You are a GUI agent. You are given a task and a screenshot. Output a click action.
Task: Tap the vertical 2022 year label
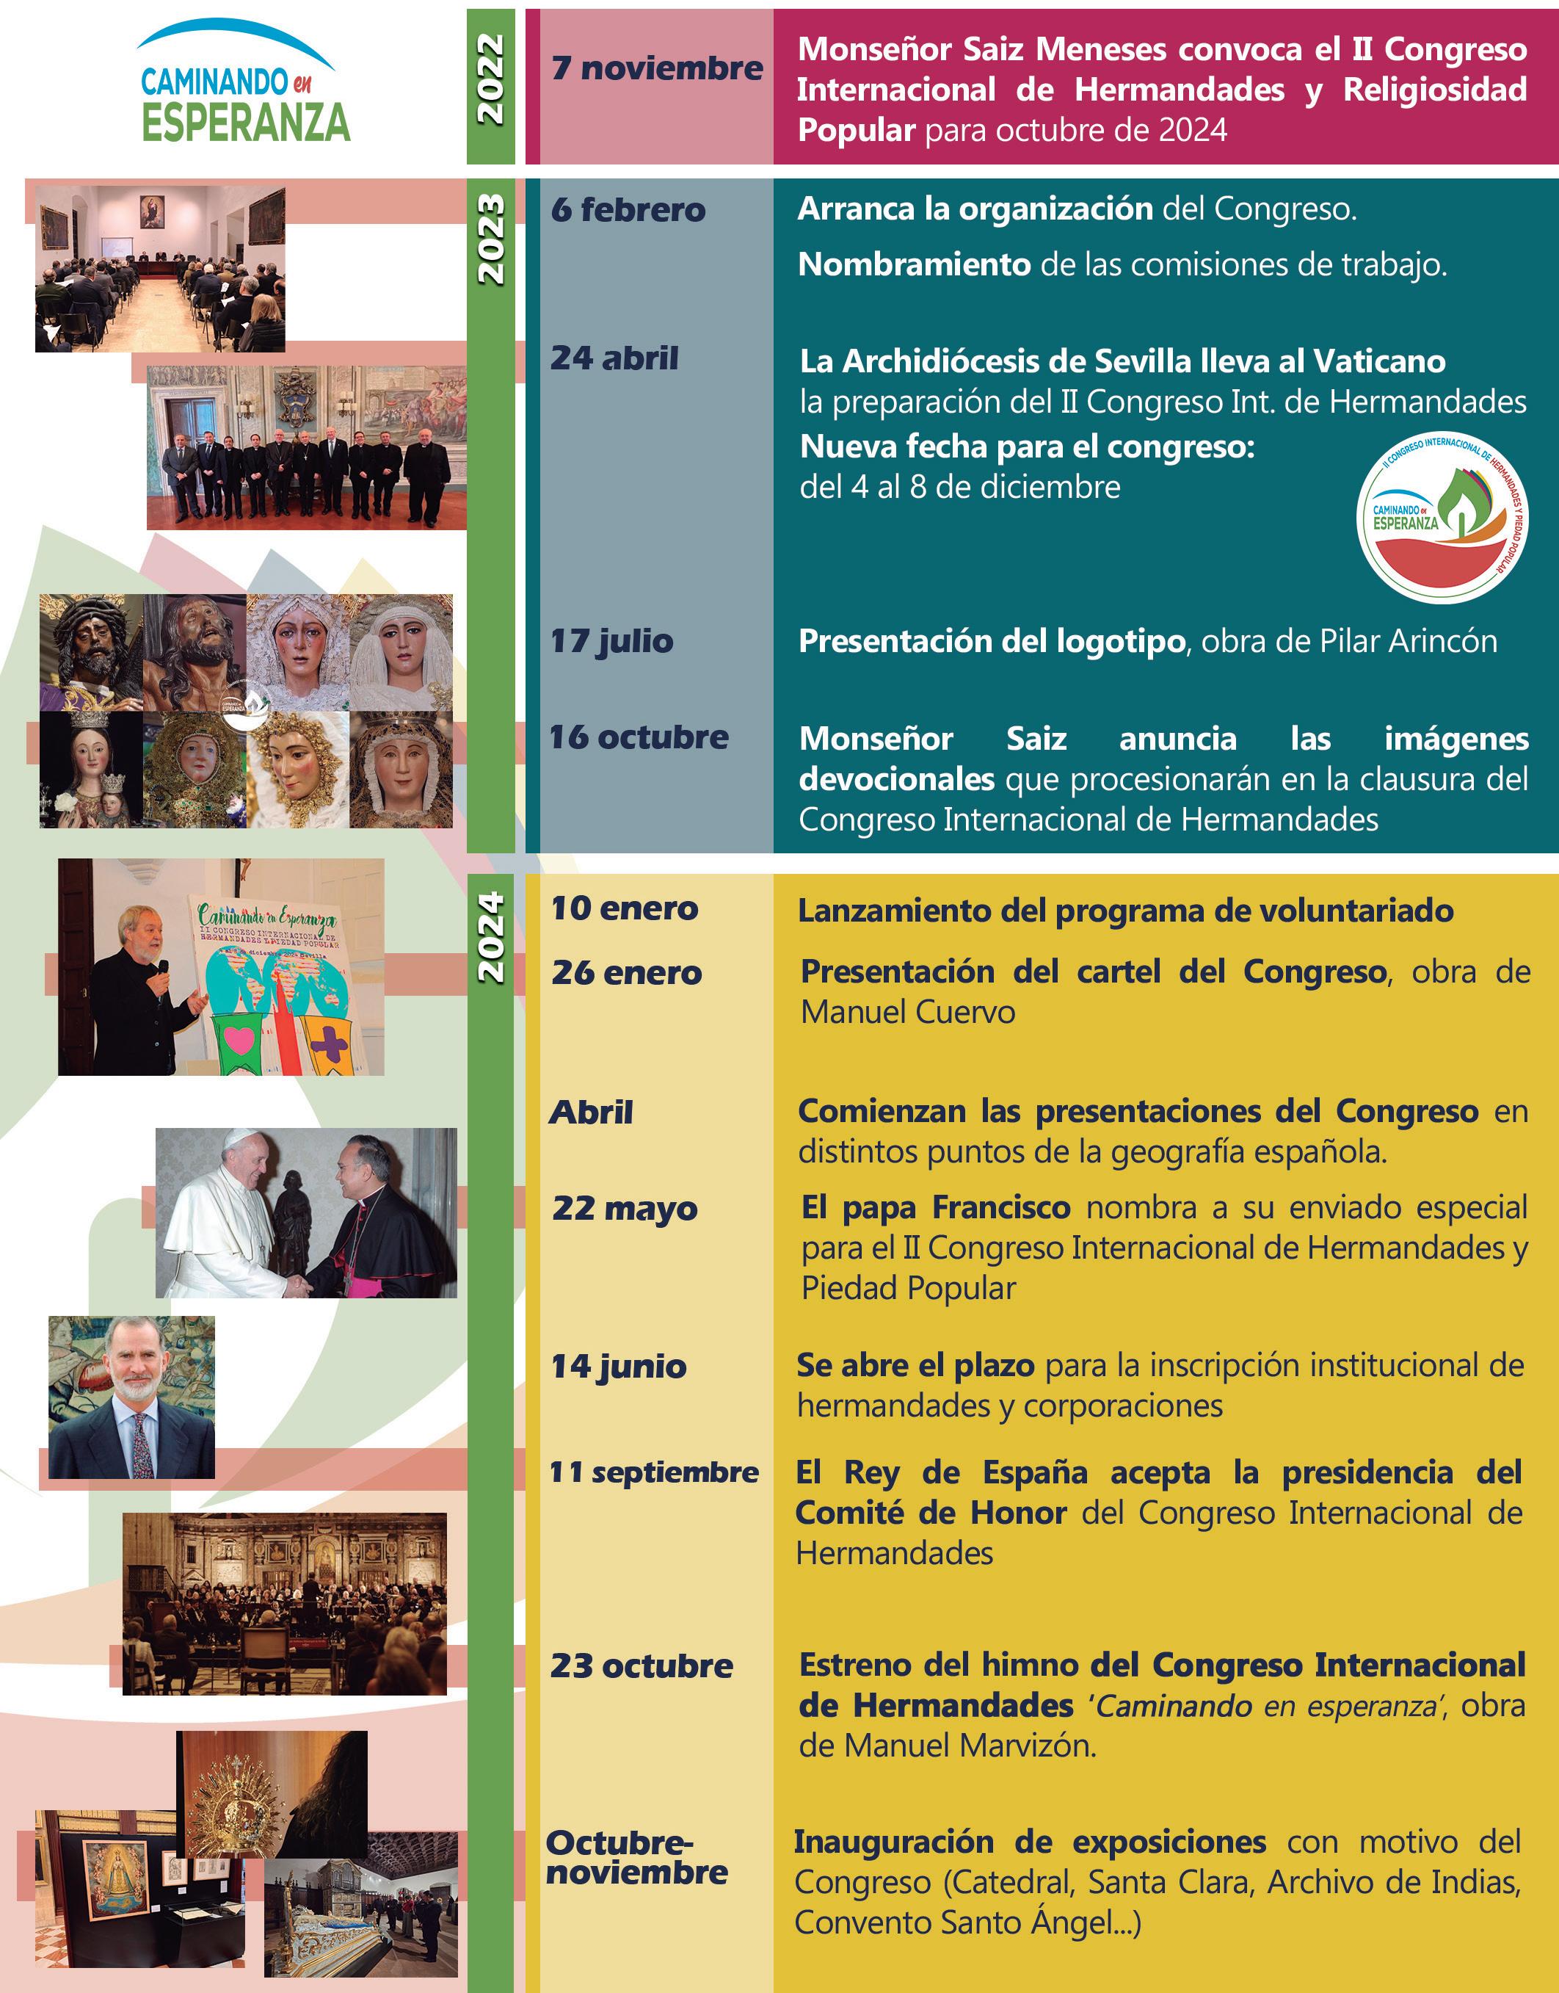coord(490,79)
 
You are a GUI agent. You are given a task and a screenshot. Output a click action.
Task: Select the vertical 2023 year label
coord(490,239)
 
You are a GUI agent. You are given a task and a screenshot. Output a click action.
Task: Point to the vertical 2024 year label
coord(490,937)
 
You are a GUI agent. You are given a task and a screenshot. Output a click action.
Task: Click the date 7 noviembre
coord(656,68)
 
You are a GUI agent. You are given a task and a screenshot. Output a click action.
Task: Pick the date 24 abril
coord(614,358)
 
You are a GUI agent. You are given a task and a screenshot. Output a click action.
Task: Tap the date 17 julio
coord(611,641)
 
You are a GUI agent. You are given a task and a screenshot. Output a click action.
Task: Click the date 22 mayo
coord(625,1209)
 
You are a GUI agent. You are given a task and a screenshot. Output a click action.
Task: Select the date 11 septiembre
coord(653,1472)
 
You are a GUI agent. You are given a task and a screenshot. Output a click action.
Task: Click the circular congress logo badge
coord(1442,518)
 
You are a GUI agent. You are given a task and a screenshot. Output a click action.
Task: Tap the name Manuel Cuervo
coord(907,1013)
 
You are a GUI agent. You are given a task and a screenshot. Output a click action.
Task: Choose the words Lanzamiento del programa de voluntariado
coord(1125,911)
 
